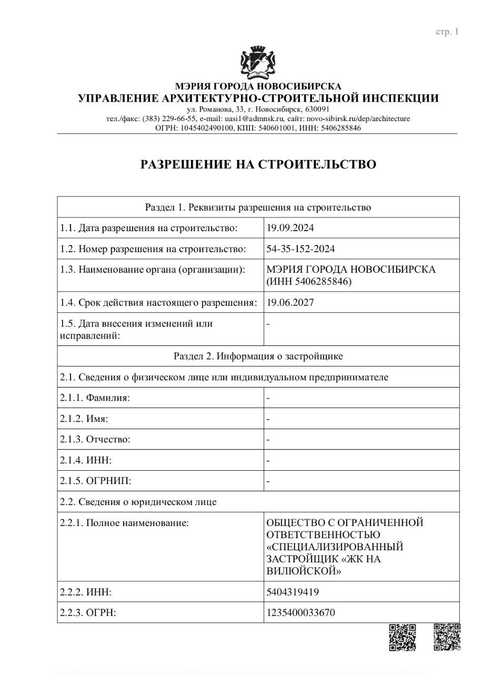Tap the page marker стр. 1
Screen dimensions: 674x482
pos(447,32)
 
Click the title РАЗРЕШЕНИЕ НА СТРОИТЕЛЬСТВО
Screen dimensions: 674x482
pos(258,164)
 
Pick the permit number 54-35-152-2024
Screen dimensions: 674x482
pos(301,249)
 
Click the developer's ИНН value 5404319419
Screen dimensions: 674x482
pos(293,592)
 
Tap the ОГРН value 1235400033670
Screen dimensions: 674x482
pos(301,613)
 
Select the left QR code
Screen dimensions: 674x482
pos(403,637)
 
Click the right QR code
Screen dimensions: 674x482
pos(447,637)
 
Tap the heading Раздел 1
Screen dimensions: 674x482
pos(258,207)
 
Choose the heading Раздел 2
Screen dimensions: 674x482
pos(258,356)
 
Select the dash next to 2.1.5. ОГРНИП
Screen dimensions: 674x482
pos(268,481)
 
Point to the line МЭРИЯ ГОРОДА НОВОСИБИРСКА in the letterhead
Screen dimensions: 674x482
pos(258,86)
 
